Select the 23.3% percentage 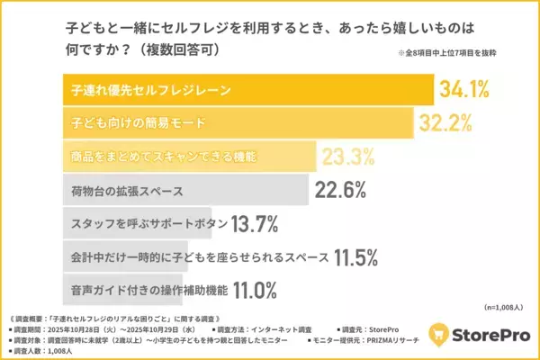tap(347, 157)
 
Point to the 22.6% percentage tap(340, 190)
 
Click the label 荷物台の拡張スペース tap(126, 191)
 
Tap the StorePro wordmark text tap(491, 332)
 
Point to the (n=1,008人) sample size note tap(507, 306)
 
